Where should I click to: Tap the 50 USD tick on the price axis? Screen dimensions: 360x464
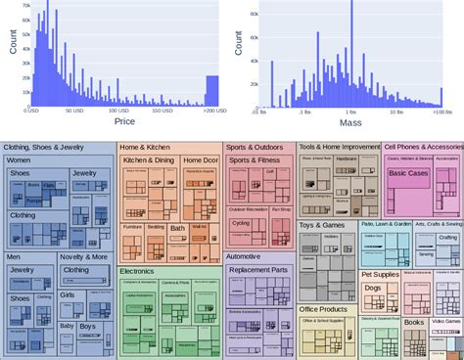pos(75,112)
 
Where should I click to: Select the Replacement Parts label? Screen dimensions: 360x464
pos(258,269)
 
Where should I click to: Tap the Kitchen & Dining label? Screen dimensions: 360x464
pos(149,159)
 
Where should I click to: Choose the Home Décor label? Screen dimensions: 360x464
pos(200,159)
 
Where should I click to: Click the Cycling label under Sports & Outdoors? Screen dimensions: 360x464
pos(241,223)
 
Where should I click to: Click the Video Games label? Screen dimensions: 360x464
pos(445,322)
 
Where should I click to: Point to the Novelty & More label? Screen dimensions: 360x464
pos(83,257)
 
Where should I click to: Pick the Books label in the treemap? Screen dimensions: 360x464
pos(413,322)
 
